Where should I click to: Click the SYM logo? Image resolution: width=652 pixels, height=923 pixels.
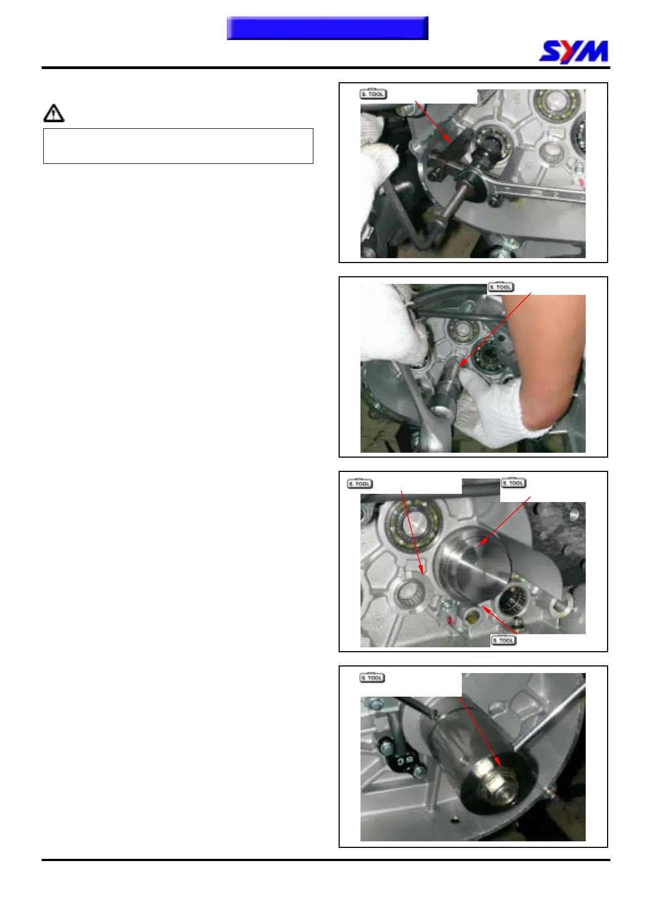click(573, 52)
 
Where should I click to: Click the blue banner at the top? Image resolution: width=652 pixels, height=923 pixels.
click(328, 28)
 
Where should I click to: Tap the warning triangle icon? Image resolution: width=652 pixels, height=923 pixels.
click(54, 113)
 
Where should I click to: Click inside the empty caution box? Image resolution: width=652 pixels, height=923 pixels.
click(178, 146)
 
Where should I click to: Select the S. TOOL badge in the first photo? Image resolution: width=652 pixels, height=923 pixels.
click(373, 94)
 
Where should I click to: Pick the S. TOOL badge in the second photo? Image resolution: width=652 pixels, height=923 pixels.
click(501, 287)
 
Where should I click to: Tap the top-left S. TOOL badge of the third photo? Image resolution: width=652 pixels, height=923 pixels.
click(360, 483)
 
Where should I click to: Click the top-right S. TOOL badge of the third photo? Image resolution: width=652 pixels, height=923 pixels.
click(513, 482)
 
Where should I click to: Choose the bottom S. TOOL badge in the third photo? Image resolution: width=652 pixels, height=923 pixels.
click(504, 640)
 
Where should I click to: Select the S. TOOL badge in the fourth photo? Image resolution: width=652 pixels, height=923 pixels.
click(373, 678)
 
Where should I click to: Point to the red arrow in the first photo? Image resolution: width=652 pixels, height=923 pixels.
click(433, 122)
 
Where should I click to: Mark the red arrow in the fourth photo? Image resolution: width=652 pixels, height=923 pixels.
click(481, 731)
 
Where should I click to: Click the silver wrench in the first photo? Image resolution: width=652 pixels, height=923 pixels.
click(535, 190)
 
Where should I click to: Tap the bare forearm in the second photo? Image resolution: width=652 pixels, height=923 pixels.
click(544, 358)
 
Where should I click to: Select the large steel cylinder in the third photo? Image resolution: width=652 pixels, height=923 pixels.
click(473, 565)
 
